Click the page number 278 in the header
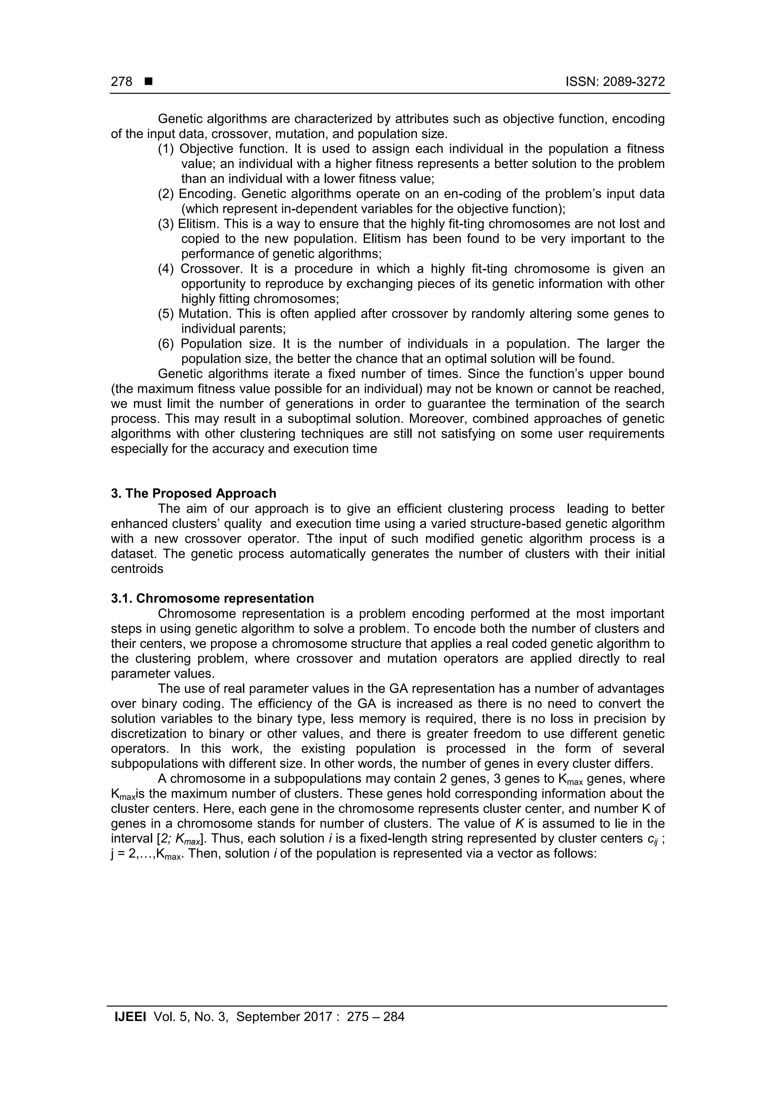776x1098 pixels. coord(122,82)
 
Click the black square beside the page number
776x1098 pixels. coord(148,82)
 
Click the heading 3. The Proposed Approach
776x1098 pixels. coord(194,493)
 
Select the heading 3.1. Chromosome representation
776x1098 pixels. coord(212,598)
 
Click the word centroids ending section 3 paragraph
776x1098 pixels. coord(137,569)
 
